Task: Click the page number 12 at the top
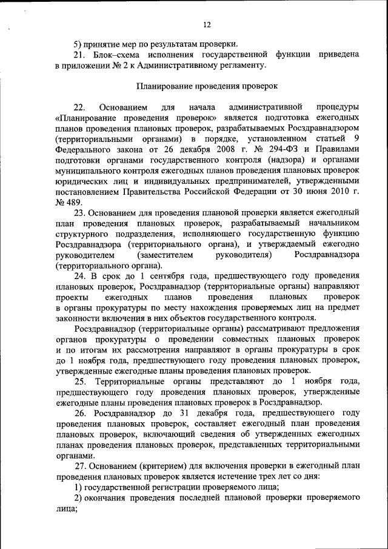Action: click(x=206, y=24)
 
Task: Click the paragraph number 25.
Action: click(x=80, y=380)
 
